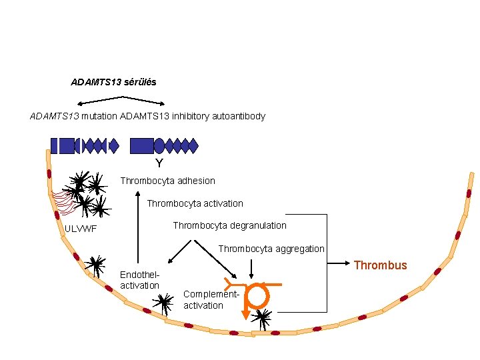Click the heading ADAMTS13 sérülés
point(113,82)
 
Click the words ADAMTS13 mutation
point(73,116)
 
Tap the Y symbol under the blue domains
point(159,163)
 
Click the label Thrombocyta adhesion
point(167,181)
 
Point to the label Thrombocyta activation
point(195,203)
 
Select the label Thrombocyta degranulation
point(229,225)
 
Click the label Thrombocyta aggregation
point(271,249)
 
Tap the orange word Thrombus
point(380,265)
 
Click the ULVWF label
point(81,229)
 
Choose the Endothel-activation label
point(139,280)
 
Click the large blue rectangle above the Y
point(141,145)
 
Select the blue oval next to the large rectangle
point(159,145)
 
